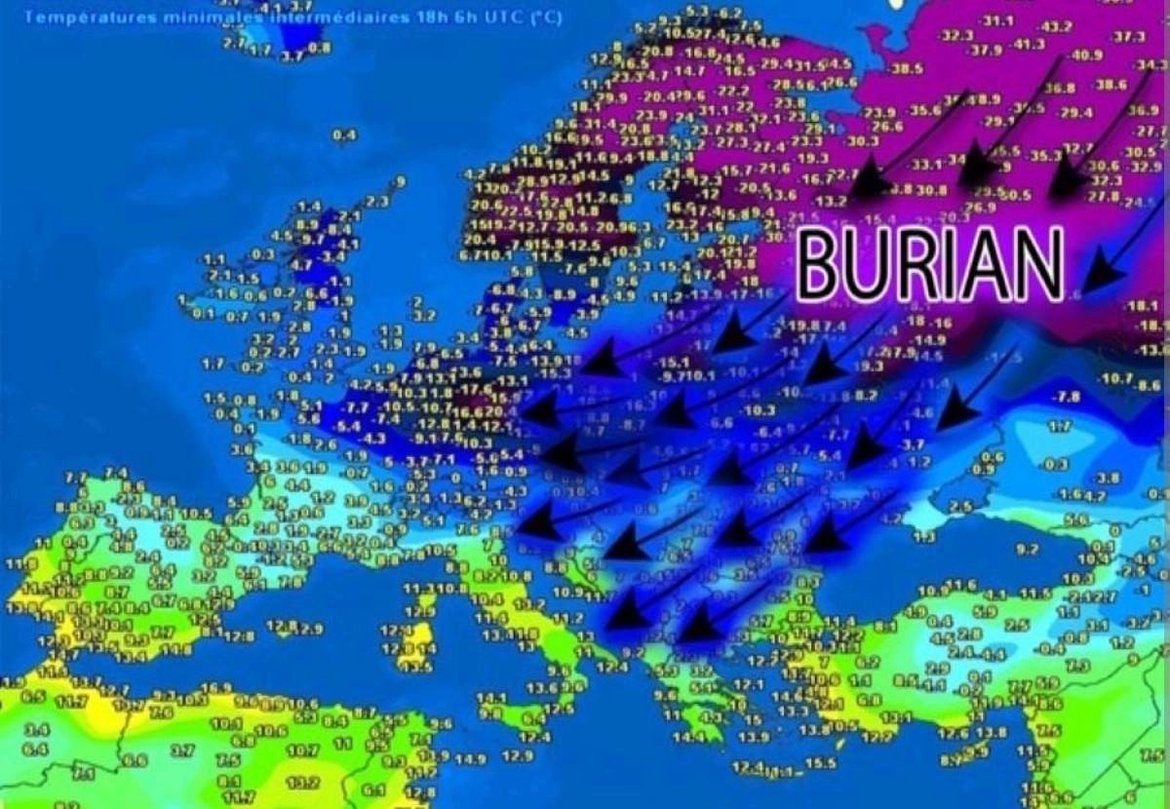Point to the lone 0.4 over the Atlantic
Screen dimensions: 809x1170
tap(344, 135)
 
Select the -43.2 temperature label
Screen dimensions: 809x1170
tap(1056, 26)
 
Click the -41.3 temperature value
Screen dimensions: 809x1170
tap(1029, 44)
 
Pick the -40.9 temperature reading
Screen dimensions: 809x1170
tap(1085, 55)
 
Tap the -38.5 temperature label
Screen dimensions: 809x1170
tap(906, 68)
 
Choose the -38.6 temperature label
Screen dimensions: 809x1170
tap(1110, 86)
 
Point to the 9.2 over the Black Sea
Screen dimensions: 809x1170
tap(1028, 550)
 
